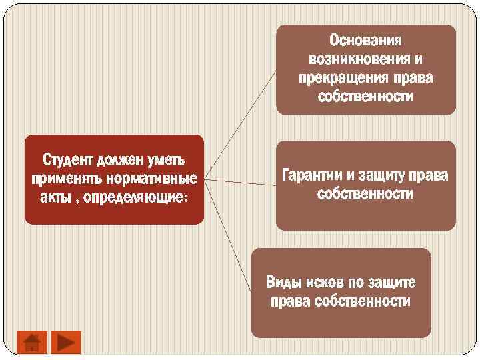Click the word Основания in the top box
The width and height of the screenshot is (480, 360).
pyautogui.click(x=366, y=42)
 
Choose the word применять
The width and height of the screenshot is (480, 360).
pyautogui.click(x=62, y=180)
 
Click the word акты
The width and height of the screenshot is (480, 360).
pyautogui.click(x=55, y=199)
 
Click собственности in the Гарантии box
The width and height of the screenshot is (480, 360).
pyautogui.click(x=365, y=195)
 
